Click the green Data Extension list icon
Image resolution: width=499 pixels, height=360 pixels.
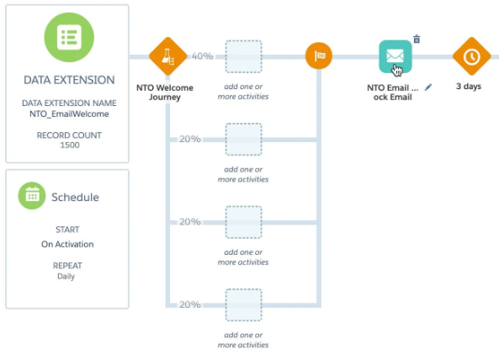[x=69, y=37]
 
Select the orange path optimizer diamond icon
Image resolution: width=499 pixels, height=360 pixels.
[x=167, y=56]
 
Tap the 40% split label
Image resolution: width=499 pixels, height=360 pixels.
[x=202, y=56]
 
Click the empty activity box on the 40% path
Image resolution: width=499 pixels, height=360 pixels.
[x=244, y=56]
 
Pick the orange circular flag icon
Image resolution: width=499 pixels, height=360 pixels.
[x=319, y=56]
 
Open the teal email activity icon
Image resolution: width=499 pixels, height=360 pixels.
[x=395, y=56]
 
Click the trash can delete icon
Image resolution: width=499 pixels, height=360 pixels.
[x=417, y=40]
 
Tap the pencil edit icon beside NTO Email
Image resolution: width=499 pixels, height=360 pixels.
[x=428, y=87]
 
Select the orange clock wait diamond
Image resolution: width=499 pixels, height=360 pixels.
[x=471, y=56]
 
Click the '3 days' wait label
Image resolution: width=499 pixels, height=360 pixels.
[x=469, y=86]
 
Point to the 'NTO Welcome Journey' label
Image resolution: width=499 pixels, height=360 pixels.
[x=165, y=93]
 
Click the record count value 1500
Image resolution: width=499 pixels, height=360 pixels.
[x=70, y=145]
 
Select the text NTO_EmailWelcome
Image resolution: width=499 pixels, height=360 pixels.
[x=69, y=114]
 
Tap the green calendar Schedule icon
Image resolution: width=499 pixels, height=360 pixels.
[x=32, y=196]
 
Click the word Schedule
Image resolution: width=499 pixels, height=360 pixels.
[x=75, y=197]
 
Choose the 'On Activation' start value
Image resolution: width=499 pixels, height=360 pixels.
[x=67, y=244]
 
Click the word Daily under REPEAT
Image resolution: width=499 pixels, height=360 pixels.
[x=66, y=276]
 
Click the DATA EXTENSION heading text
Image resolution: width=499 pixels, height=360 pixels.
[x=69, y=80]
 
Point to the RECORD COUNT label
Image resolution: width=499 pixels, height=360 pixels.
[x=69, y=135]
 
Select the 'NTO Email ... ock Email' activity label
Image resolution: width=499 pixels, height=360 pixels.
[x=393, y=93]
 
